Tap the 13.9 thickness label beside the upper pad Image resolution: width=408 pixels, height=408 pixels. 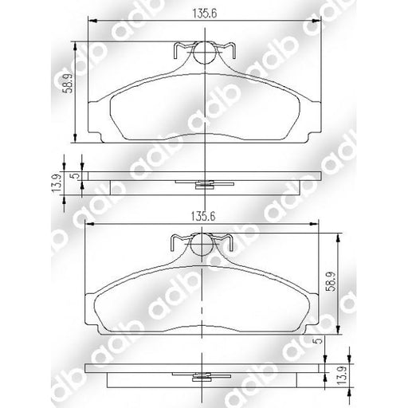click(56, 184)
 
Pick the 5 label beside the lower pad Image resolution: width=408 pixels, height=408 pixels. click(319, 342)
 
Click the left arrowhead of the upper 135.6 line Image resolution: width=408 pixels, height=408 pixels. click(89, 21)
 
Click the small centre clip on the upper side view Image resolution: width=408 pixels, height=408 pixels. click(205, 185)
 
